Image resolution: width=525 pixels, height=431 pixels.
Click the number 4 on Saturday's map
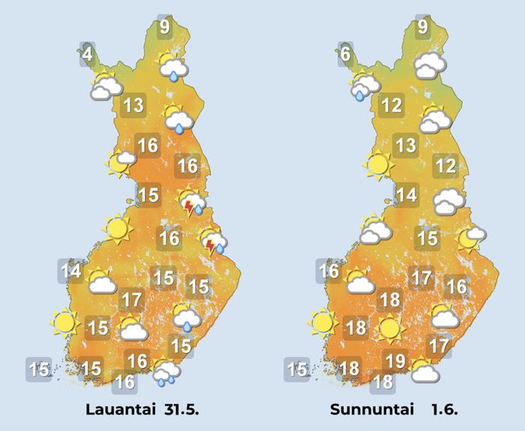click(x=88, y=55)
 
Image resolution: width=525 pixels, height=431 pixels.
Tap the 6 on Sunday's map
click(x=344, y=55)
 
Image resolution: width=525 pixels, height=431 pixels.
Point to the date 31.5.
click(x=181, y=410)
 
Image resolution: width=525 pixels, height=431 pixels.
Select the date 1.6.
click(x=444, y=410)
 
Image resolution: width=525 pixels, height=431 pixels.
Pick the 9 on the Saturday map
click(x=163, y=29)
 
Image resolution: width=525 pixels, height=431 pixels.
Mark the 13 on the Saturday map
click(x=133, y=105)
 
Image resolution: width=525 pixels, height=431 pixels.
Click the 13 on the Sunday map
click(x=406, y=146)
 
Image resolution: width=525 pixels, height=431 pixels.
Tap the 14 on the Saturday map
click(x=72, y=270)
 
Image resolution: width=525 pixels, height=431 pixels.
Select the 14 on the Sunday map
click(x=406, y=196)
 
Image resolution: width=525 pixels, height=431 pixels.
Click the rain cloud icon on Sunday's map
click(x=364, y=85)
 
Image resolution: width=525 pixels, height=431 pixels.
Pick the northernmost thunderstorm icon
click(x=193, y=203)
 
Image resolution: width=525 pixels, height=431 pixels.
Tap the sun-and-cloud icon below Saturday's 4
click(x=105, y=86)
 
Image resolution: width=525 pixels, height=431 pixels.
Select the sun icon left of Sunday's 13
click(x=378, y=163)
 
